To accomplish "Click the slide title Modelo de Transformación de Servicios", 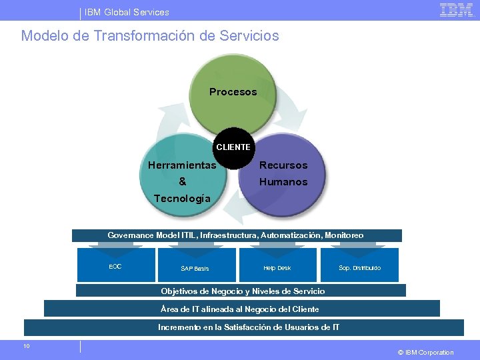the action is [150, 35].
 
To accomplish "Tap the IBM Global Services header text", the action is [127, 12].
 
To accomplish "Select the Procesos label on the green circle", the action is [233, 92].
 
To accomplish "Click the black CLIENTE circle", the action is [233, 148].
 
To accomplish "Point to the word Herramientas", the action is [182, 165].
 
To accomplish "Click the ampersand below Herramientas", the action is [183, 181].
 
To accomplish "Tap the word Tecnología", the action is [182, 198].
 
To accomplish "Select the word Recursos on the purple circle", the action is [283, 165].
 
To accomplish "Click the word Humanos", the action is [283, 181].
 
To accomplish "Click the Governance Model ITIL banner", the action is [236, 235].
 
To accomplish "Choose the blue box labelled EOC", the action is [115, 265].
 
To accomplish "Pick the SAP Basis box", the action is [195, 265].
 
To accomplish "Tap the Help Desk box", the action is [277, 265].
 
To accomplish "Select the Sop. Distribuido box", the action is [359, 265].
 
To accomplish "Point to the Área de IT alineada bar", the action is [241, 309].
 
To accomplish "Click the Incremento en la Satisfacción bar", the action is [244, 327].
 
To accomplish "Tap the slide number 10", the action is [26, 345].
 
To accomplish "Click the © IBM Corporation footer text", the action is [425, 352].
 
